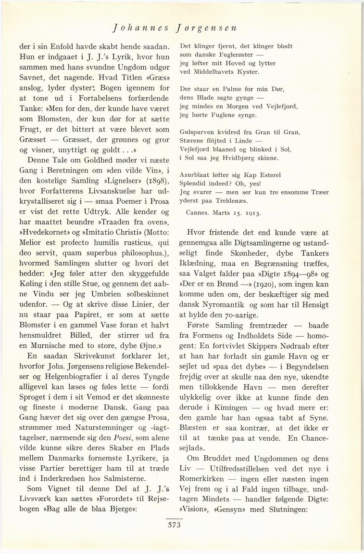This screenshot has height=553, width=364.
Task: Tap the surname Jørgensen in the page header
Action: click(x=207, y=27)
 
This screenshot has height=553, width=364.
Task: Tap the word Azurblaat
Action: click(x=195, y=175)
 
